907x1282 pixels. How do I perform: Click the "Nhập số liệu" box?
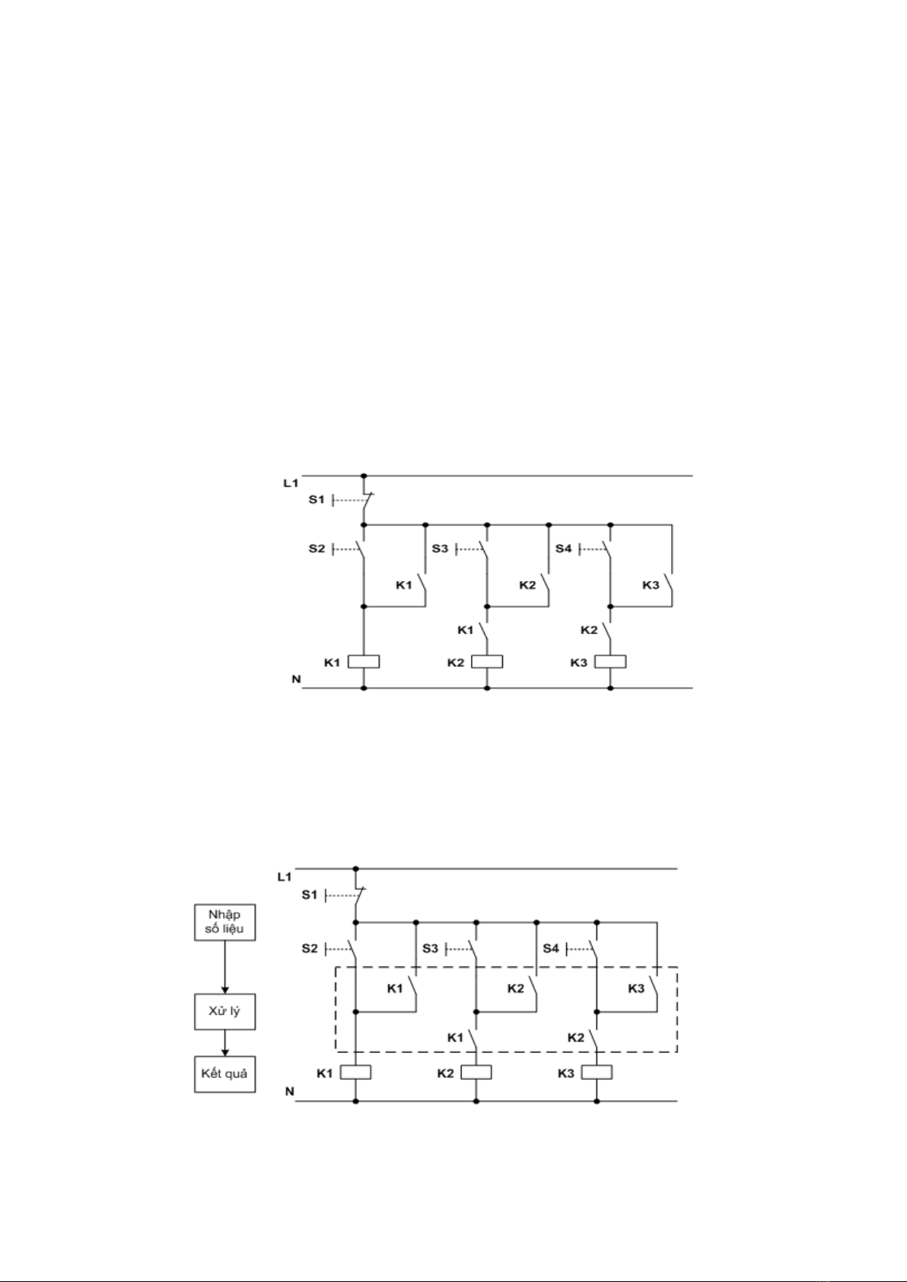coord(224,922)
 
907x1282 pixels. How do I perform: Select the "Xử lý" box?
coord(224,1011)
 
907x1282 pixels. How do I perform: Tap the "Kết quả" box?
coord(224,1074)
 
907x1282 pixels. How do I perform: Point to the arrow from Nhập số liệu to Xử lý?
coord(224,967)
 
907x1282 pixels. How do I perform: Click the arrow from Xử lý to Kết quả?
coord(224,1043)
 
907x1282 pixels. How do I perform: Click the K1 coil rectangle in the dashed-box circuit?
coord(355,1072)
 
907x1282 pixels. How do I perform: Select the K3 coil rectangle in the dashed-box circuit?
coord(597,1072)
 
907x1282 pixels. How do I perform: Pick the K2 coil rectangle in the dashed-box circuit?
coord(476,1072)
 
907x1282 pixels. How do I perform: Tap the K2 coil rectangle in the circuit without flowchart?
coord(487,662)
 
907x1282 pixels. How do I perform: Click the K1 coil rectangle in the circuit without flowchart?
coord(364,662)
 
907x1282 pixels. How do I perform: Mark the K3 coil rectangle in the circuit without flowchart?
coord(610,662)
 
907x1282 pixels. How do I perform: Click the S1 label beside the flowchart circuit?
coord(309,895)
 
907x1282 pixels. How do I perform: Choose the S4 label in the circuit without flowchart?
coord(563,549)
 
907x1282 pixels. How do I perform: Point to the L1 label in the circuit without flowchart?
coord(291,483)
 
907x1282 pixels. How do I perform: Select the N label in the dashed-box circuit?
coord(290,1092)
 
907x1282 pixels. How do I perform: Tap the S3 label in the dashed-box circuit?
coord(431,948)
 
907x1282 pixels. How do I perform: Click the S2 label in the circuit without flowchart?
coord(317,549)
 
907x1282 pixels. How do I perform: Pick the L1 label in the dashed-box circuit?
coord(284,876)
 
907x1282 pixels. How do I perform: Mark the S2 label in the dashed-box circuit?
coord(310,948)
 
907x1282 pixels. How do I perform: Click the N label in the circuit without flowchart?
coord(296,679)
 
